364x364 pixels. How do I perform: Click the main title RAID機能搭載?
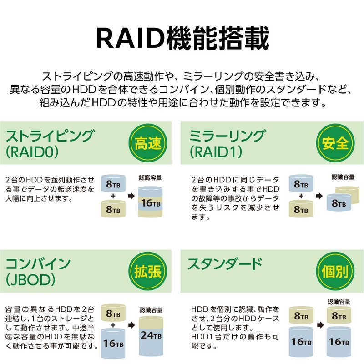[x=183, y=38]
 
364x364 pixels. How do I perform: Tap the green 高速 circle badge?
[x=148, y=143]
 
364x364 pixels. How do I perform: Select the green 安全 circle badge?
[x=335, y=143]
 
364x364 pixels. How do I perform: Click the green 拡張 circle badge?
[x=148, y=271]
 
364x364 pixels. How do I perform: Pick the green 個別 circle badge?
[x=335, y=271]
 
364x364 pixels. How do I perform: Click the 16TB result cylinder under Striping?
[x=150, y=202]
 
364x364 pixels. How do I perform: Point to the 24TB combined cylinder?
[x=151, y=336]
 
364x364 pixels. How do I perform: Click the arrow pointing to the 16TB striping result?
[x=131, y=196]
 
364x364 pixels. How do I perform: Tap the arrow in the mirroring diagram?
[x=319, y=196]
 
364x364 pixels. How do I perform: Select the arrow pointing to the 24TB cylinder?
[x=131, y=325]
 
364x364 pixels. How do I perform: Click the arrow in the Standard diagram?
[x=320, y=325]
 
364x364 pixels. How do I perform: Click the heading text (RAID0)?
[x=32, y=152]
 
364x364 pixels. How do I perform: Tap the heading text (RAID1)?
[x=216, y=152]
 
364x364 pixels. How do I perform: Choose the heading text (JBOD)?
[x=30, y=280]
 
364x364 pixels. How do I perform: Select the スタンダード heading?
[x=225, y=264]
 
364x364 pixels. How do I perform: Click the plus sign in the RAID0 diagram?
[x=113, y=196]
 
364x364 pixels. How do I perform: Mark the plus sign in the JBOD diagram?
[x=113, y=325]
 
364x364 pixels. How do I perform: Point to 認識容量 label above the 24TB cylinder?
[x=151, y=310]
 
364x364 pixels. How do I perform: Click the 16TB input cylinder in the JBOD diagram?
[x=113, y=343]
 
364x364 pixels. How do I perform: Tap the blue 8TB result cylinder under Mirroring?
[x=339, y=202]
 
